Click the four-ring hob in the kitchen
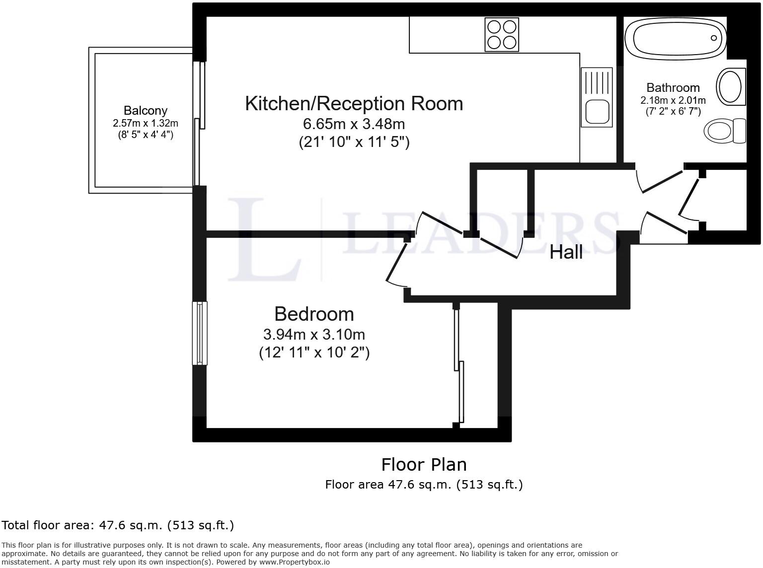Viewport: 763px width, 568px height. tap(501, 34)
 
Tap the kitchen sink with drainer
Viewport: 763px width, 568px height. tap(597, 97)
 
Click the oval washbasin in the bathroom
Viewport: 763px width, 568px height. tap(730, 87)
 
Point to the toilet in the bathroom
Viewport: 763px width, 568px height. tap(725, 131)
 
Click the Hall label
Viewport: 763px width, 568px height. tap(566, 252)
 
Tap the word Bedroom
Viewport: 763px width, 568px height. tap(314, 314)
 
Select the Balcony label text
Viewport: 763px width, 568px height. tap(145, 111)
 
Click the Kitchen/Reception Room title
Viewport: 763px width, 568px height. tap(354, 104)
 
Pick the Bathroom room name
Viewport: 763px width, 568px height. tap(673, 88)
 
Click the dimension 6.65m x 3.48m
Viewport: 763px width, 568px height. tap(354, 124)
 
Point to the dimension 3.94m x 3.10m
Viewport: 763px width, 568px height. tap(314, 334)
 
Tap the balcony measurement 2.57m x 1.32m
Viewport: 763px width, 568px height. tap(145, 123)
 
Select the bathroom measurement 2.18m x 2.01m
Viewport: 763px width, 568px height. tap(673, 100)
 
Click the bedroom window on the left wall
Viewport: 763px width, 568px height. tap(200, 333)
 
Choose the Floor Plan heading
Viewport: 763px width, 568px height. tap(424, 465)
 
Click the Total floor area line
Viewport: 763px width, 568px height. tap(118, 525)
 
